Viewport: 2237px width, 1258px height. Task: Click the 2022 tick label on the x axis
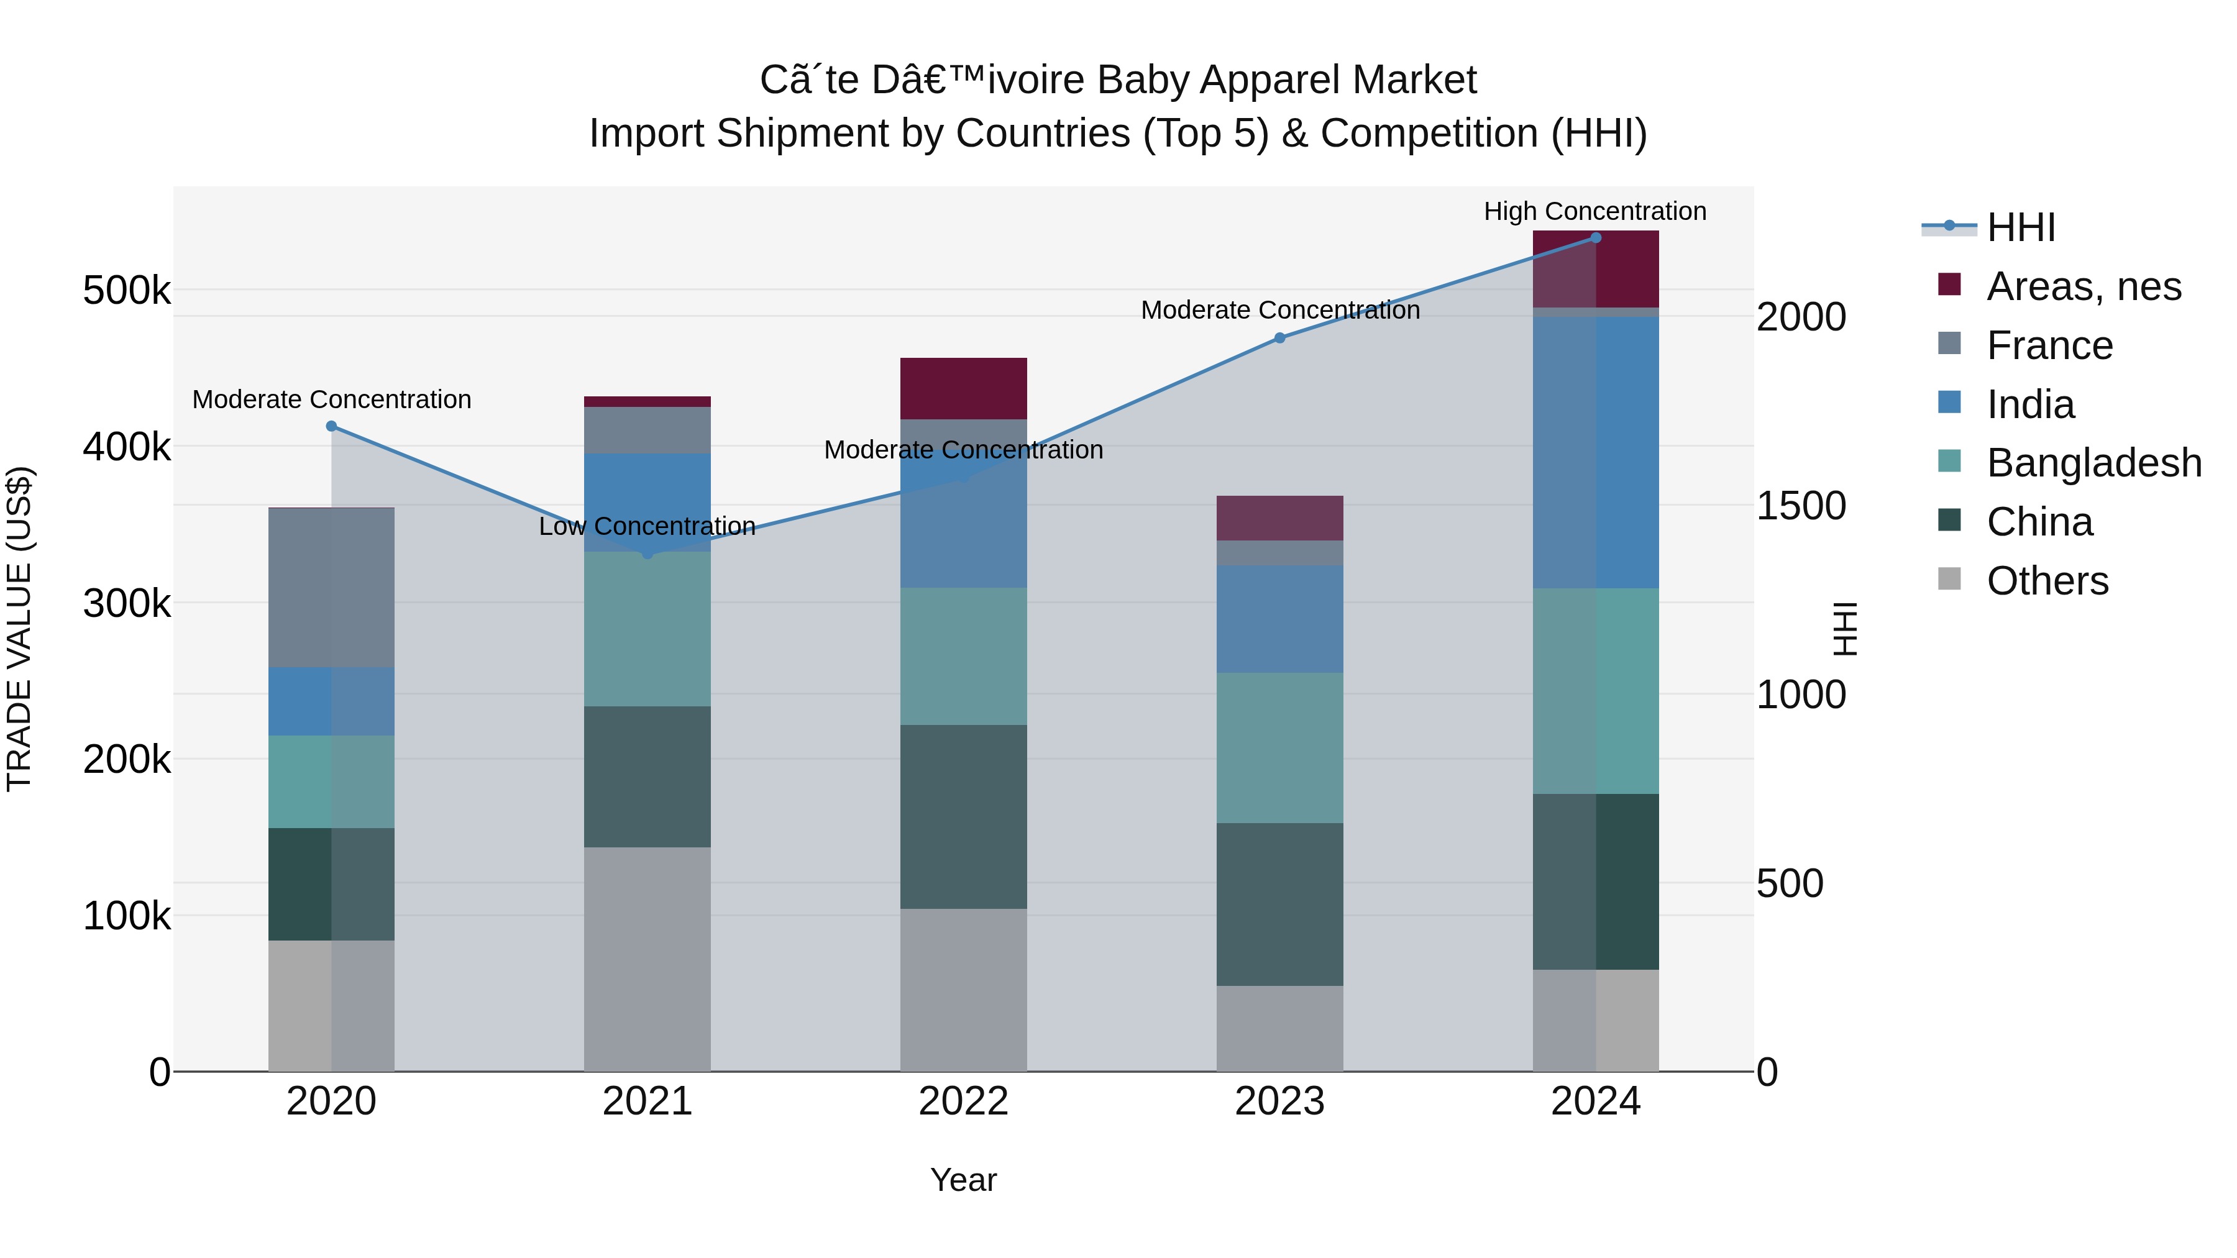tap(963, 1101)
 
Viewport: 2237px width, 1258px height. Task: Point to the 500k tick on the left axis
tap(127, 290)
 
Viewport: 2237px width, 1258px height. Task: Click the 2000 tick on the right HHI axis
tap(1800, 317)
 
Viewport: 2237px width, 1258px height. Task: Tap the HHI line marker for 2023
tap(1279, 338)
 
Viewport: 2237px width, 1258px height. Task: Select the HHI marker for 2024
tap(1595, 238)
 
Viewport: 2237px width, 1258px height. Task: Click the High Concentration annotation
tap(1594, 211)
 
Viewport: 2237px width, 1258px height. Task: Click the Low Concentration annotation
tap(647, 526)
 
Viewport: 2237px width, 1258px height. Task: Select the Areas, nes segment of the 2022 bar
tap(963, 388)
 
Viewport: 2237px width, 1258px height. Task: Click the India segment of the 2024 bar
tap(1595, 452)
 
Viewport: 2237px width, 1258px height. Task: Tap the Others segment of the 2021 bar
tap(647, 959)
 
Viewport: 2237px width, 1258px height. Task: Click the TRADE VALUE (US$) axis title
tap(19, 629)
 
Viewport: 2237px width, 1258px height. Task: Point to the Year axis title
tap(963, 1180)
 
